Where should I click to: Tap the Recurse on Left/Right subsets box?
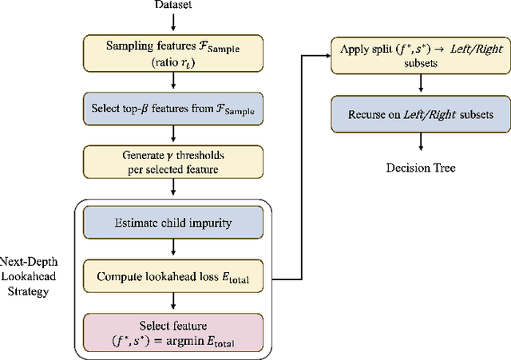421,115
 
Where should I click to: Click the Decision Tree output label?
421,168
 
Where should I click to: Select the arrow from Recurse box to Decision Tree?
421,143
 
